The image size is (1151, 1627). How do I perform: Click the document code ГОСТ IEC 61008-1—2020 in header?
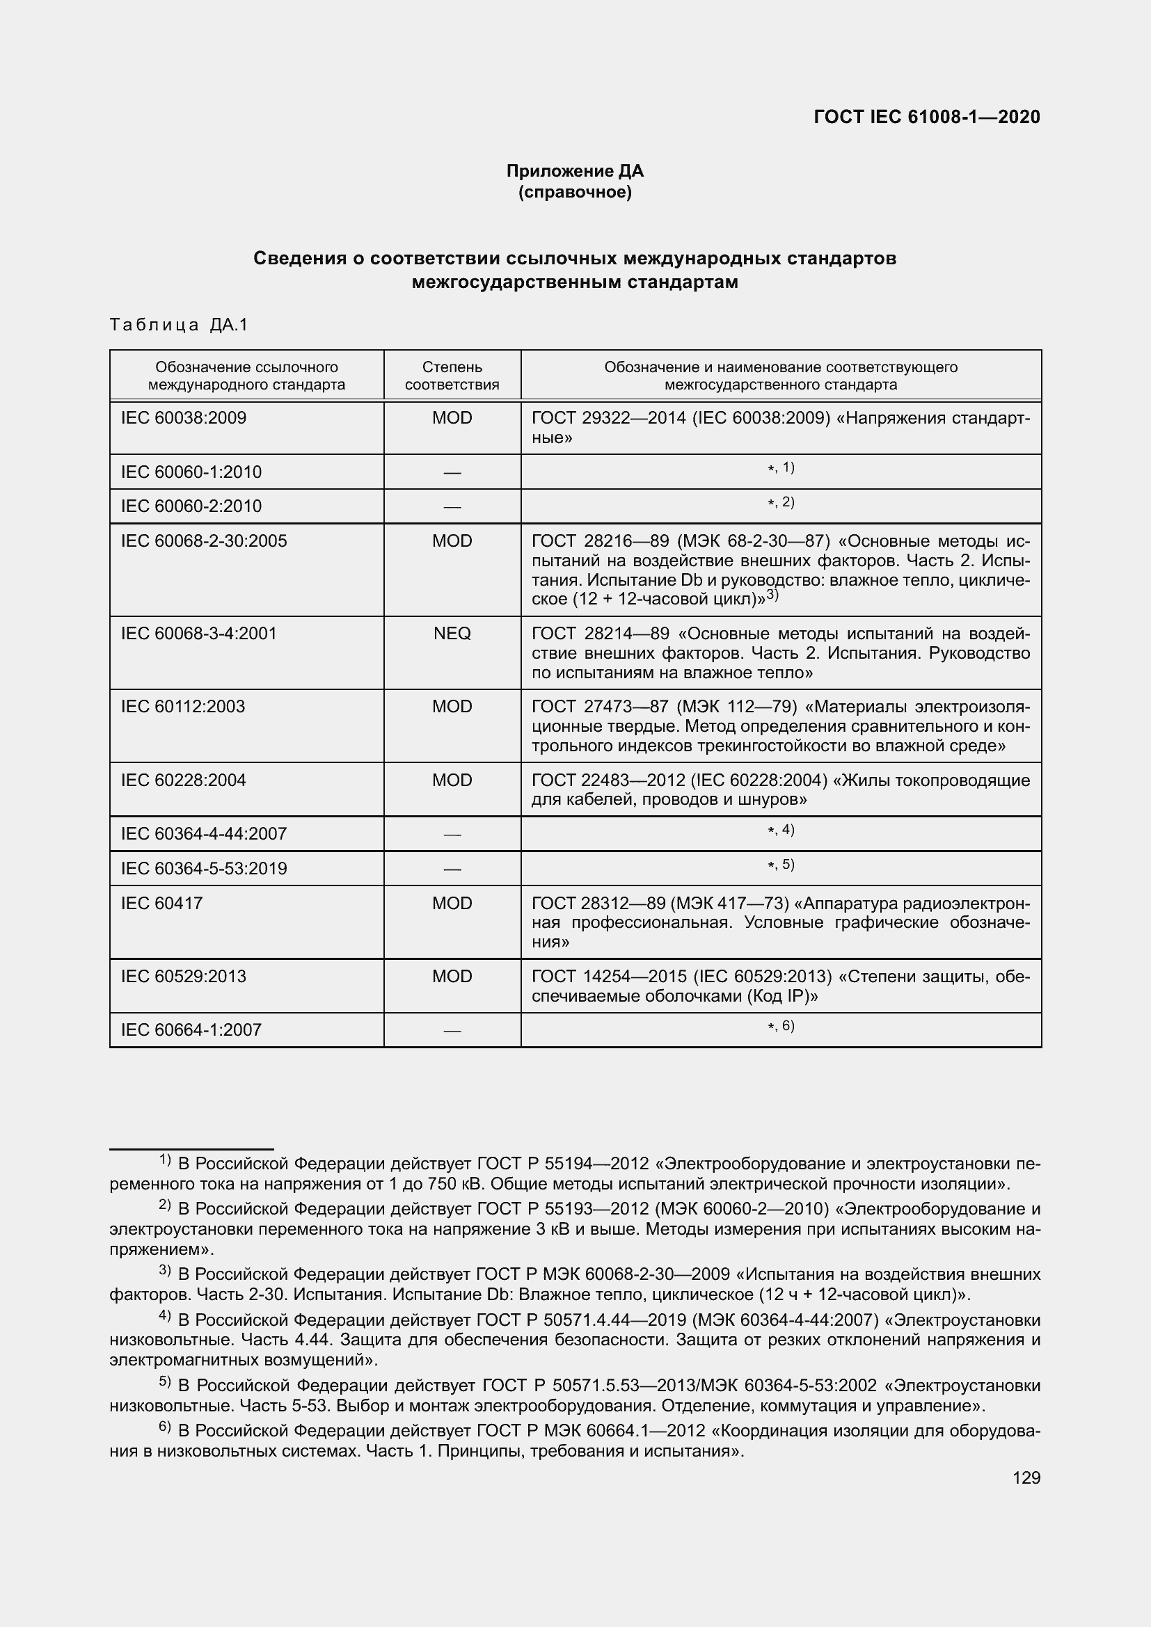[x=926, y=117]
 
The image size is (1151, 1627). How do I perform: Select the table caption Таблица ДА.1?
[x=179, y=326]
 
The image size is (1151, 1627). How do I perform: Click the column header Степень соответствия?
[x=452, y=376]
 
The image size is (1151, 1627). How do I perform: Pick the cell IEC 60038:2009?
[x=184, y=418]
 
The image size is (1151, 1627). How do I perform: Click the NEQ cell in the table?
[x=452, y=634]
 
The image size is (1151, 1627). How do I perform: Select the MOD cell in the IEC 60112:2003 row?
[x=452, y=707]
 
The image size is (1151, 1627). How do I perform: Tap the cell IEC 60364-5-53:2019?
[x=203, y=869]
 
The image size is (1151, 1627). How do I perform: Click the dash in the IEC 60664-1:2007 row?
[x=452, y=1030]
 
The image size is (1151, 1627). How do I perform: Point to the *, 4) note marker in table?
[x=780, y=830]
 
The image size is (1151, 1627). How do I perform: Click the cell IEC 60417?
[x=161, y=904]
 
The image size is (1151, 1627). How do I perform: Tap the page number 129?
[x=1026, y=1477]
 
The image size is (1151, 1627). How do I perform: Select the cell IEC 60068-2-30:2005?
[x=203, y=541]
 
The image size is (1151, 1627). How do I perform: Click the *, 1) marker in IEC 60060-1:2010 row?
[x=780, y=467]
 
